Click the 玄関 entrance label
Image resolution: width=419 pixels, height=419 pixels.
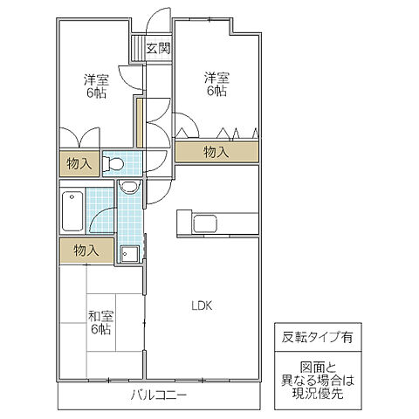click(x=158, y=49)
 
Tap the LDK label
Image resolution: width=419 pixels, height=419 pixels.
click(x=203, y=305)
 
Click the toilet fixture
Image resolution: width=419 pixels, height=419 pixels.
click(x=113, y=162)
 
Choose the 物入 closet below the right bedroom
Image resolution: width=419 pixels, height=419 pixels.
click(x=216, y=152)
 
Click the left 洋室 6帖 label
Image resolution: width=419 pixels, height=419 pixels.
click(x=96, y=86)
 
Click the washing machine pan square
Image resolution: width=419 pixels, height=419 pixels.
click(x=130, y=253)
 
